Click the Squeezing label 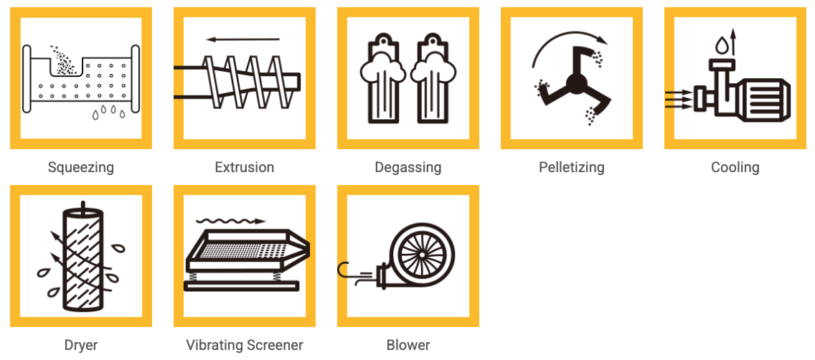[80, 167]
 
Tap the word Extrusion [245, 167]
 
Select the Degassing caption [408, 167]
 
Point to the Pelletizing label [572, 167]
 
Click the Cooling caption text [735, 167]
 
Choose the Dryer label [80, 345]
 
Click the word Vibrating [214, 345]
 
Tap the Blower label [408, 345]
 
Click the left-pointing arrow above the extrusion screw [242, 39]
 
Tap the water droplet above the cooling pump [722, 45]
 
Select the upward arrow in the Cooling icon [733, 42]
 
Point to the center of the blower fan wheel [422, 254]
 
